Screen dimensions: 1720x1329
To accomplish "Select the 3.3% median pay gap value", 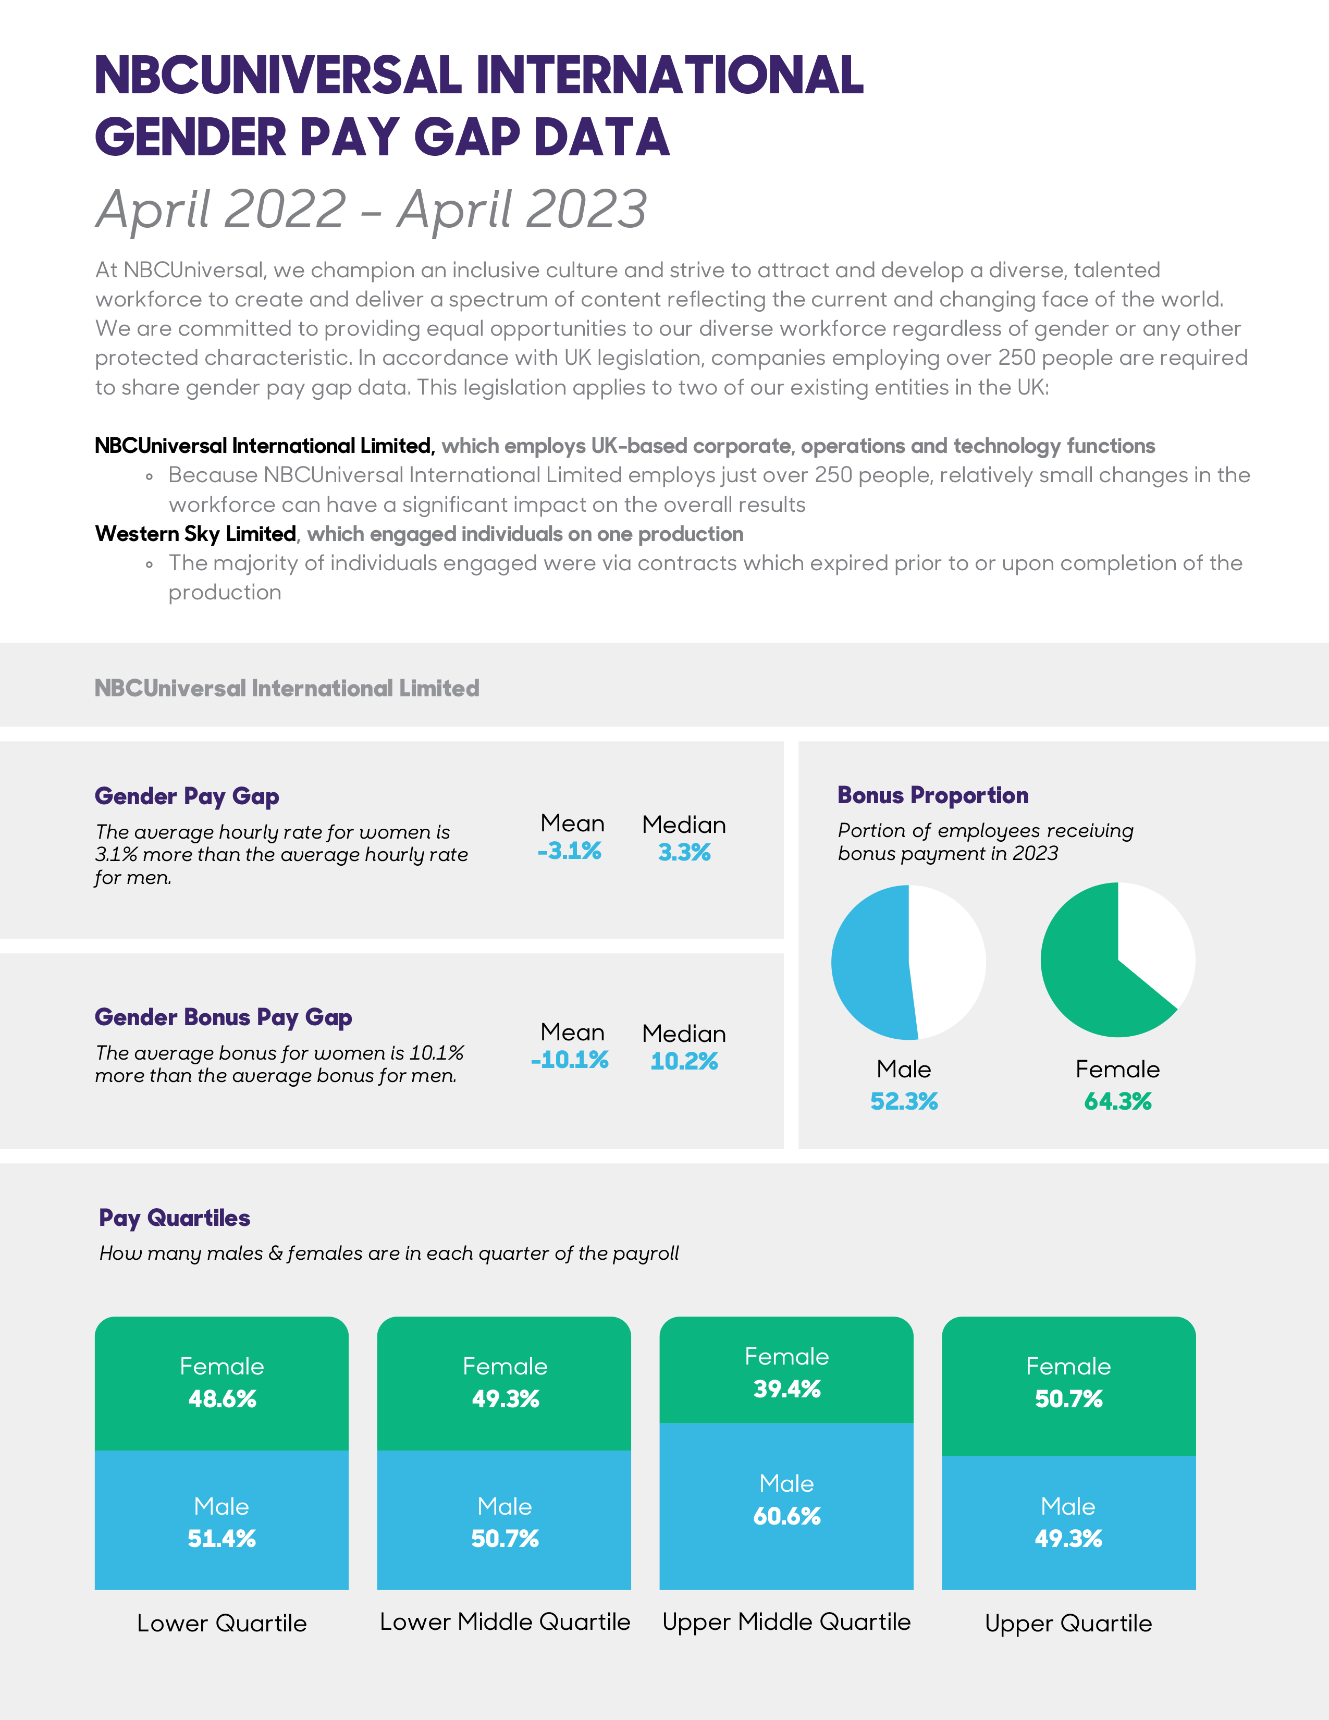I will click(684, 852).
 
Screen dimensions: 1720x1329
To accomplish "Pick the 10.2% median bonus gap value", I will click(684, 1062).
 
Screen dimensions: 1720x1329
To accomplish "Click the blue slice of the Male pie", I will click(869, 962).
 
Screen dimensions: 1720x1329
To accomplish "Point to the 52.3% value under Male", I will click(904, 1101).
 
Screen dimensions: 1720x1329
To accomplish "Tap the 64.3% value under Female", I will click(1117, 1101).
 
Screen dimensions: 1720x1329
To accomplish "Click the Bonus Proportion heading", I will click(933, 795).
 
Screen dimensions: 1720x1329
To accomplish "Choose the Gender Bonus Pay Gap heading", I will click(224, 1017).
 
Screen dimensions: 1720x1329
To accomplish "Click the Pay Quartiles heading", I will click(175, 1219).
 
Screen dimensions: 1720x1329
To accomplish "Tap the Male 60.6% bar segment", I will click(786, 1504).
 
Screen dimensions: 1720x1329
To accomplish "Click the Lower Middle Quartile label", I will click(504, 1621).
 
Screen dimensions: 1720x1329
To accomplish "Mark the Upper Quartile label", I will click(1068, 1623).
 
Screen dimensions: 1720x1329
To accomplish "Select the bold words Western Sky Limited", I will click(195, 534).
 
